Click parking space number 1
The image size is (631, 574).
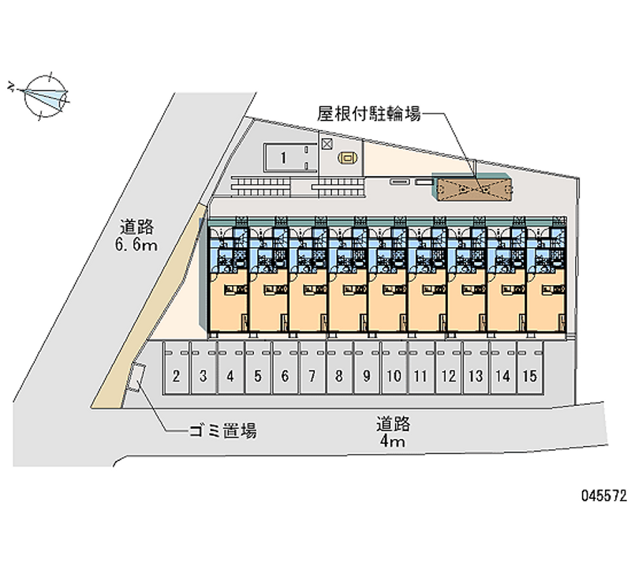tap(284, 158)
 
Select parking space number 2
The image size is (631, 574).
tap(176, 368)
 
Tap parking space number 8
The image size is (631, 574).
tap(339, 368)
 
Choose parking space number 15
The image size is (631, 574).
tap(529, 368)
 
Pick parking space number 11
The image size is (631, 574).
tap(421, 368)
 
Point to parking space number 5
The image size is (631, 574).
tap(258, 368)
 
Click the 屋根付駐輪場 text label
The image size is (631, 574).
tap(369, 114)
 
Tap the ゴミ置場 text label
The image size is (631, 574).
tap(222, 431)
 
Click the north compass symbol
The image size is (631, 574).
tap(44, 96)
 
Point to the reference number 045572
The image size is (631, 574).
tap(603, 496)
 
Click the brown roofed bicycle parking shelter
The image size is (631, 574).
tap(475, 189)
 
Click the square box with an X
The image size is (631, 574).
tap(327, 144)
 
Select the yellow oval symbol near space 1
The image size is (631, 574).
tap(346, 158)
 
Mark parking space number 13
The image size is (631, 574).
tap(476, 368)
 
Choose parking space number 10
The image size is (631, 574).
tap(394, 368)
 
